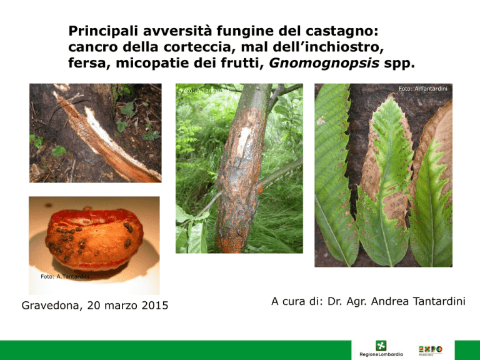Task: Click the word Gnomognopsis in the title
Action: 324,63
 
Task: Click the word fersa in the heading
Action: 87,63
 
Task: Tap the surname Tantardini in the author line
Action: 439,301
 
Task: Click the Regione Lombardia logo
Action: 381,349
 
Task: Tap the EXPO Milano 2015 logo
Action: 431,349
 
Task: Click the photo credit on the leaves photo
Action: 422,89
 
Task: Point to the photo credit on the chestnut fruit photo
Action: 65,277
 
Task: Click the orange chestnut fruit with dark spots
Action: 94,239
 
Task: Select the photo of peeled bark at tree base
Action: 96,133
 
